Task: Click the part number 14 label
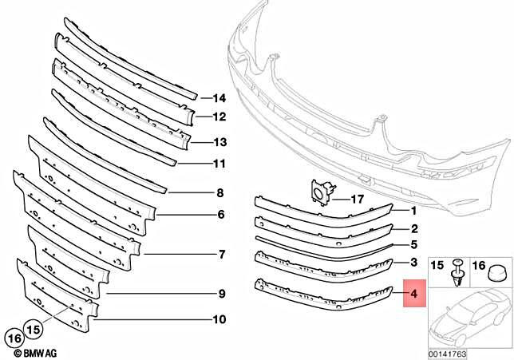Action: pyautogui.click(x=219, y=98)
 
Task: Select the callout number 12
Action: pyautogui.click(x=219, y=117)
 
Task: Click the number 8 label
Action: pyautogui.click(x=219, y=192)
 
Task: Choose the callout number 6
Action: pyautogui.click(x=219, y=215)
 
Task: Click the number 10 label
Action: pyautogui.click(x=219, y=320)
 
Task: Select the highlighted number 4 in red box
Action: pyautogui.click(x=414, y=295)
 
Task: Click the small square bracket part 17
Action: pyautogui.click(x=322, y=193)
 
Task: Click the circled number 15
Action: pyautogui.click(x=33, y=327)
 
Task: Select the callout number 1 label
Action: pyautogui.click(x=414, y=212)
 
